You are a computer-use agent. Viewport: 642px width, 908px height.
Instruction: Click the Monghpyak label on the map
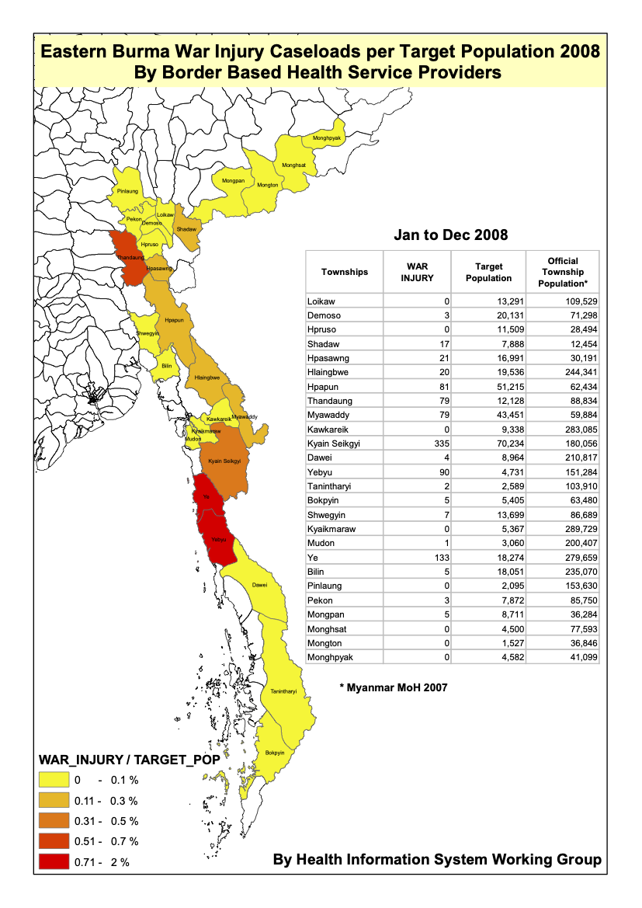coord(327,138)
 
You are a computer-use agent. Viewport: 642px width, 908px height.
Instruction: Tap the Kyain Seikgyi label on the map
coord(225,461)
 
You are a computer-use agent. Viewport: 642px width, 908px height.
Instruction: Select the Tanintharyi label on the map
coord(283,691)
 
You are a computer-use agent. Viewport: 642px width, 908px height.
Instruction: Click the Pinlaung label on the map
coord(127,191)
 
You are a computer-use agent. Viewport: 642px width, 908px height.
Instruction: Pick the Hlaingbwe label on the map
coord(208,377)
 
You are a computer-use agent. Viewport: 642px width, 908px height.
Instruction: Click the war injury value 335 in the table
coord(441,444)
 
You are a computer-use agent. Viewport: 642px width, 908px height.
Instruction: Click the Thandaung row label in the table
coord(330,401)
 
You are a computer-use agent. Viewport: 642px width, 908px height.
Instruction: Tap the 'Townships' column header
coord(345,272)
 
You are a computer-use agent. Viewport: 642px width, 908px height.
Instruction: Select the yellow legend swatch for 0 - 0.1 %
coord(54,779)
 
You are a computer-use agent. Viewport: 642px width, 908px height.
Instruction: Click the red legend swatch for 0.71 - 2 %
coord(54,861)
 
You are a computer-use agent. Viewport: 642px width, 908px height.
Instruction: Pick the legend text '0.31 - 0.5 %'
coord(106,821)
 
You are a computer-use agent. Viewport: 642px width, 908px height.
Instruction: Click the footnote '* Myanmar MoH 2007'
coord(394,687)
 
